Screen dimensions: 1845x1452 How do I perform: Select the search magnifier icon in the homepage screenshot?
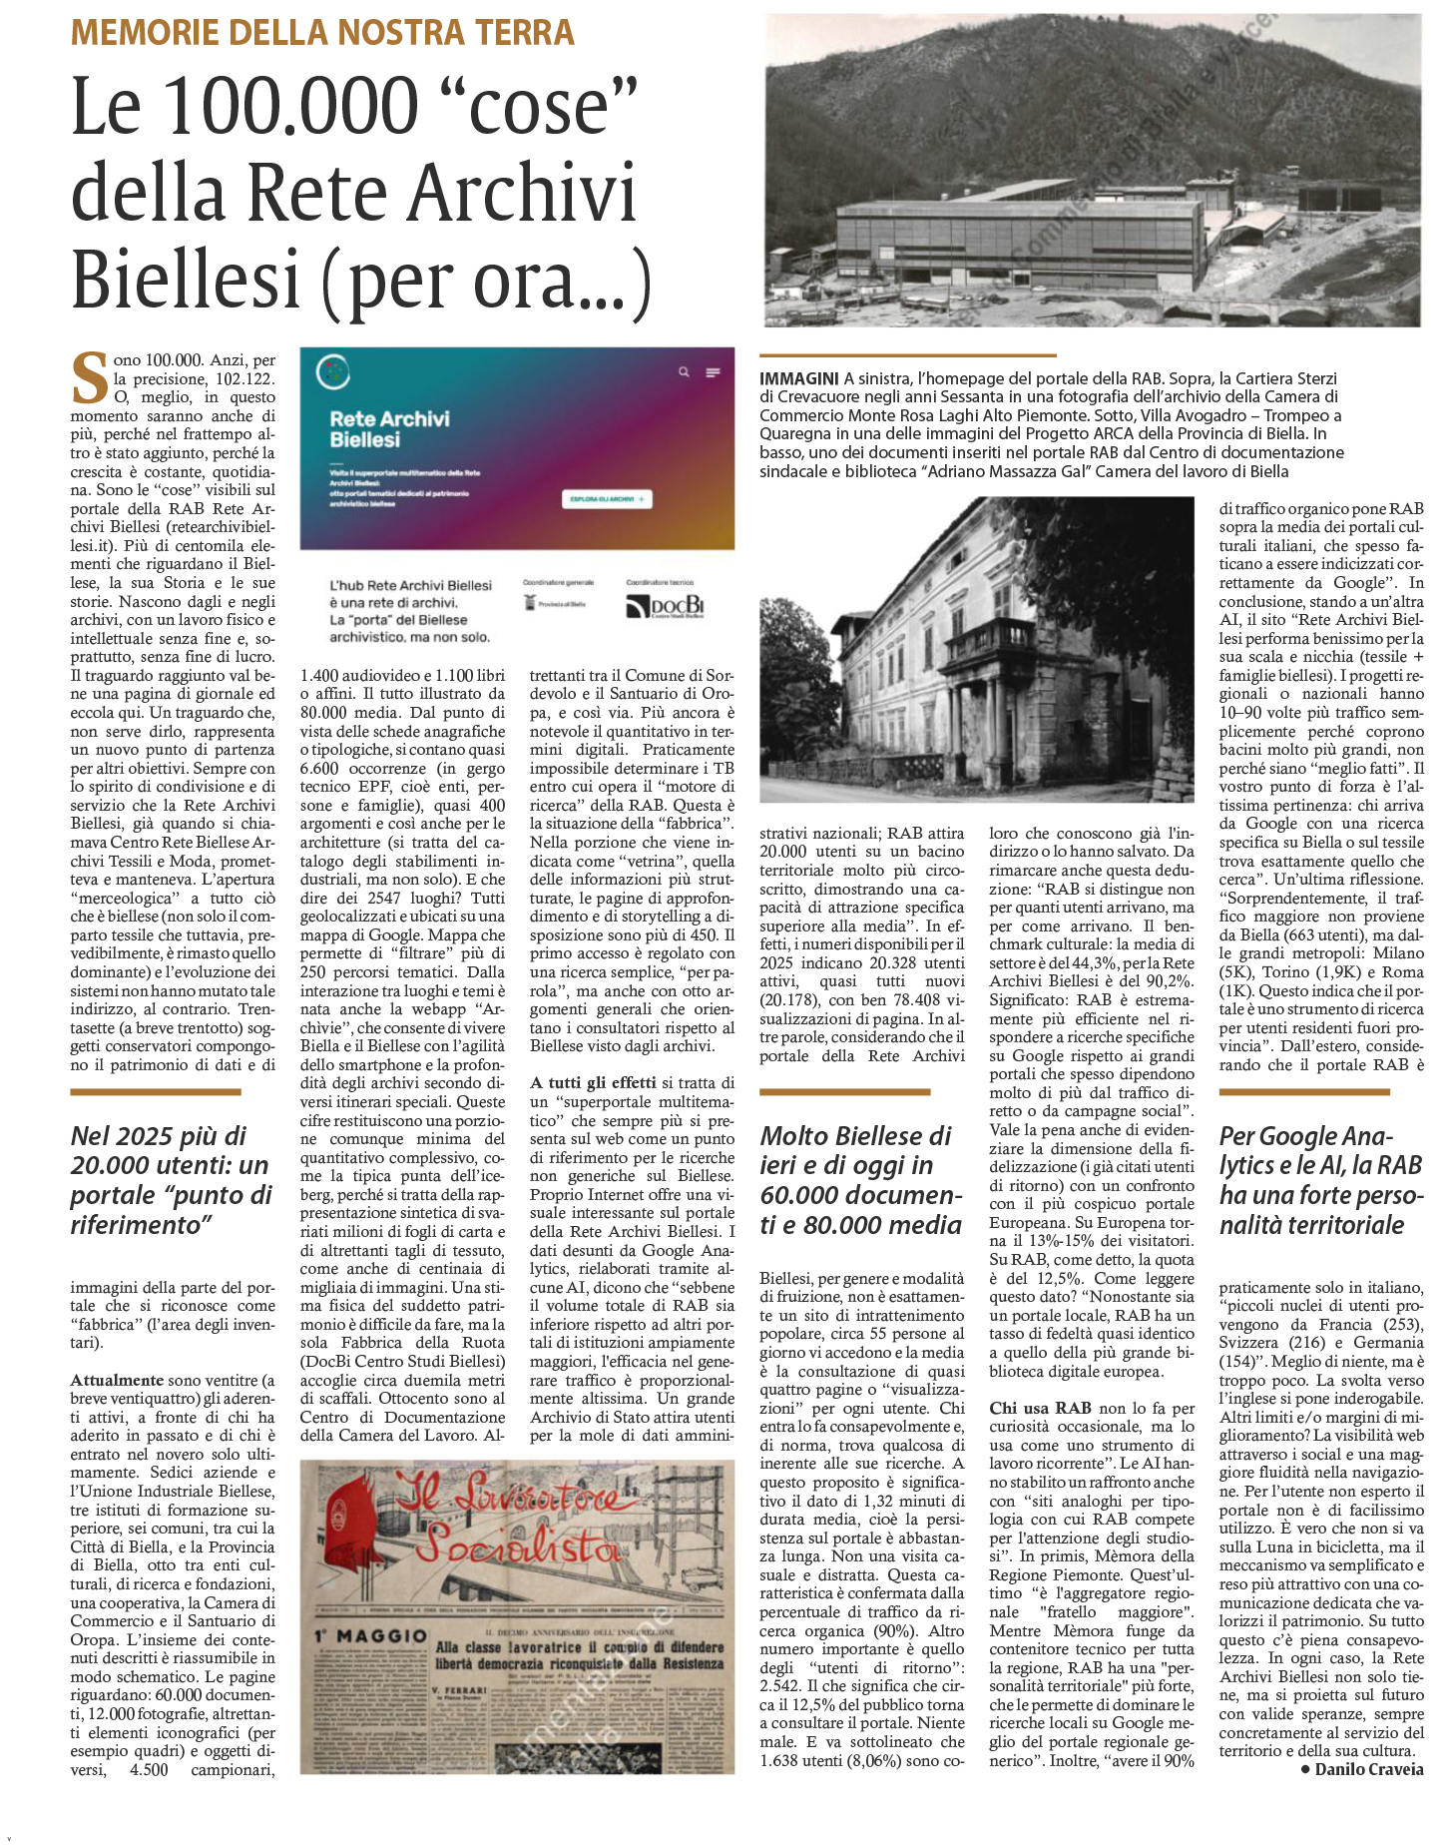coord(684,372)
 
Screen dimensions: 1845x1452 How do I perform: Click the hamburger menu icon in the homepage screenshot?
coord(713,372)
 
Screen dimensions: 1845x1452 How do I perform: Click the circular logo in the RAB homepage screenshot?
coord(332,372)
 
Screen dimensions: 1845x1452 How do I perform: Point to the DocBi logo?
coord(665,606)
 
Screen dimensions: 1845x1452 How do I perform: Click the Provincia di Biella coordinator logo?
coord(556,604)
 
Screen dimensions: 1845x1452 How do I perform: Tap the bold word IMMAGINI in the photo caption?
coord(798,378)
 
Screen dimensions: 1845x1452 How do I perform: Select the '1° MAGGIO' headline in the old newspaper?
coord(370,1636)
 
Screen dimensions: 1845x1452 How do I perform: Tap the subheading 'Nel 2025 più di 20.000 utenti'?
coord(171,1179)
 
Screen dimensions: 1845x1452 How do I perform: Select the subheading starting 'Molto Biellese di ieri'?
coord(860,1179)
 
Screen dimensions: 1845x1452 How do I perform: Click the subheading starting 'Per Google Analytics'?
coord(1319,1179)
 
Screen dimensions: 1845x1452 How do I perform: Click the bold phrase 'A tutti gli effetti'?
coord(593,1082)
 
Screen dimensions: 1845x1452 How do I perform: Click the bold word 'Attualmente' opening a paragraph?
coord(117,1380)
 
